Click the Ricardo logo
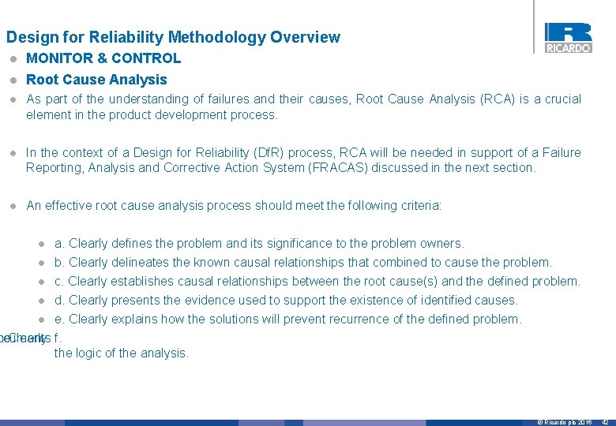click(x=568, y=37)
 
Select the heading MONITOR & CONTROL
click(x=103, y=58)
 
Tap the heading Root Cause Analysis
click(x=96, y=80)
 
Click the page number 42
click(x=605, y=422)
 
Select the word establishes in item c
click(x=145, y=281)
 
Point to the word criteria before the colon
click(x=418, y=205)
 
